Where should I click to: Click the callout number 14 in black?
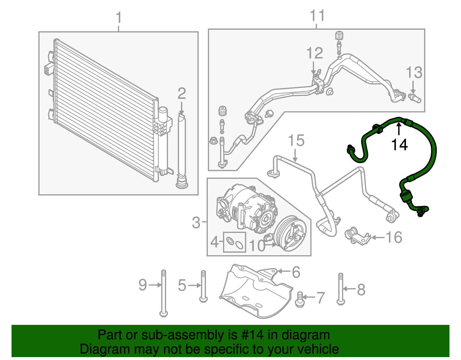[x=399, y=145]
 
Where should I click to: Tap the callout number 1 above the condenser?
[x=119, y=18]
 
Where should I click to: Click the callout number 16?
[x=394, y=238]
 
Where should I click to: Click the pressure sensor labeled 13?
[x=415, y=98]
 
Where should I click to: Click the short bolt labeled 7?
[x=300, y=299]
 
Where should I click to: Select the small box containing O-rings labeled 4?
[x=235, y=242]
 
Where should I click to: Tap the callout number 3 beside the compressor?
[x=196, y=223]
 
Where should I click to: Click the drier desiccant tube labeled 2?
[x=182, y=150]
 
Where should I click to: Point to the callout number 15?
[x=296, y=141]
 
